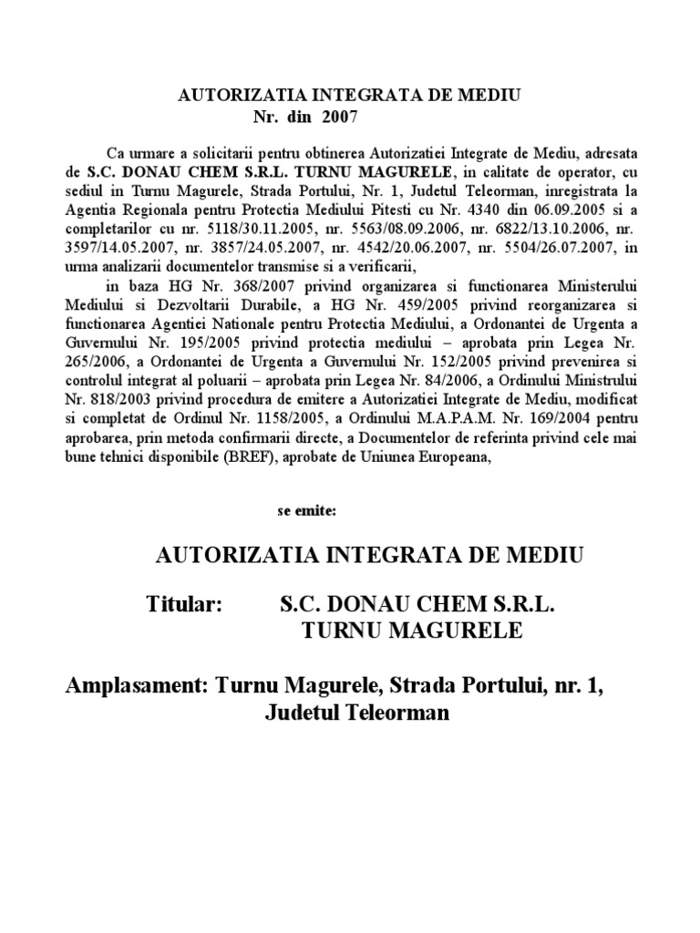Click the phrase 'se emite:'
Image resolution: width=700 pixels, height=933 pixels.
(307, 510)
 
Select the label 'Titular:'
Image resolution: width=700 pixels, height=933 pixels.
(184, 604)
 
